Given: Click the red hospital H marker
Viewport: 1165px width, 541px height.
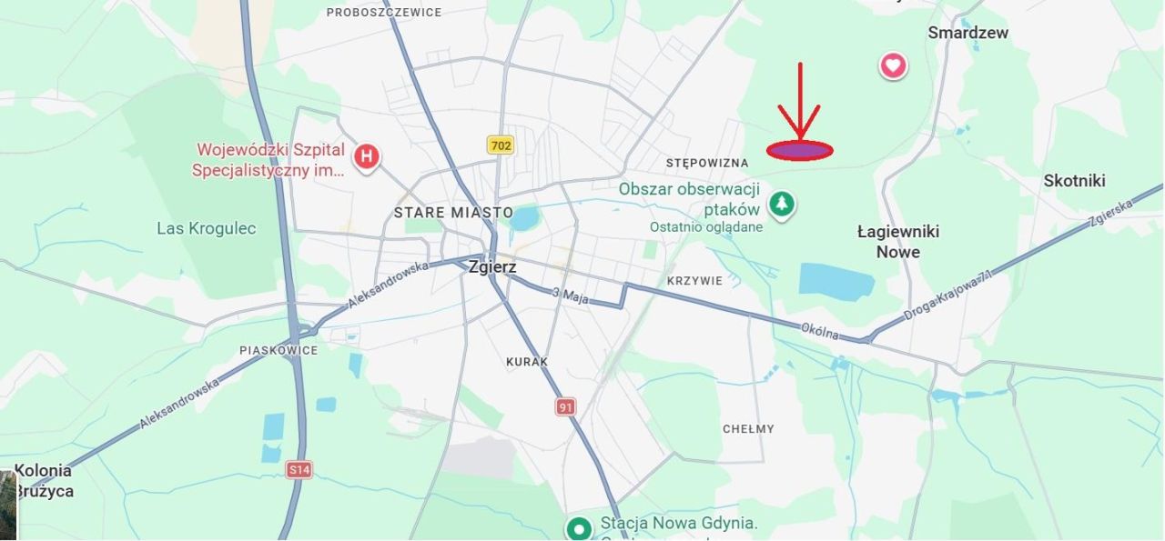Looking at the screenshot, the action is coord(366,155).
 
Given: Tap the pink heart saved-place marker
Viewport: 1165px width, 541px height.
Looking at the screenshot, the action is coord(893,65).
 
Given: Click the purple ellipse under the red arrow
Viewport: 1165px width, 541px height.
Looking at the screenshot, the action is coord(799,151).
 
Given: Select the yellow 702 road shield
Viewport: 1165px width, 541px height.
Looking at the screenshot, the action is coord(500,145).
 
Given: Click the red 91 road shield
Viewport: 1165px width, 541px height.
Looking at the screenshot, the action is coord(566,406).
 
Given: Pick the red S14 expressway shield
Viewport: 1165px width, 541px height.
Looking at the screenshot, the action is coord(299,469).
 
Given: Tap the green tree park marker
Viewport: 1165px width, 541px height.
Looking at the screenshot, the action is coord(781,204).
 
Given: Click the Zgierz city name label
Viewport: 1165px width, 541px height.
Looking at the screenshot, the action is coord(492,267).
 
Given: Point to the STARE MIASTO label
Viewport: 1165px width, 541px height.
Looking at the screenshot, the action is coord(453,213).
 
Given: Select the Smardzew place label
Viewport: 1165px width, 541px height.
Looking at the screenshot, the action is coord(967,33).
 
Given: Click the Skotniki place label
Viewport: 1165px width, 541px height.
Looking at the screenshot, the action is coord(1074,181).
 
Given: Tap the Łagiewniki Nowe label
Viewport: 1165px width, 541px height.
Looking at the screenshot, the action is coord(897,242).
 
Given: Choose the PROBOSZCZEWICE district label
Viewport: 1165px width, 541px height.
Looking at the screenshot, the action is coord(384,13).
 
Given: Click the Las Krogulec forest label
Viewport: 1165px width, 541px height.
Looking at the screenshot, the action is coord(207,228).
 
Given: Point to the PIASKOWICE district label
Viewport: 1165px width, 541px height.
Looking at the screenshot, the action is coord(279,350).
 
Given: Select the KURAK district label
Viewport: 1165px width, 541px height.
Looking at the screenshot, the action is coord(527,362).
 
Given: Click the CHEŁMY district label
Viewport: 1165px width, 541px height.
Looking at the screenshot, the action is coord(748,429).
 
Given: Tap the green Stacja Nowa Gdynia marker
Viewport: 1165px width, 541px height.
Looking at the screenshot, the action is coord(579,528).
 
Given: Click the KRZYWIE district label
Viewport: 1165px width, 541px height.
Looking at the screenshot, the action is coord(694,281).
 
